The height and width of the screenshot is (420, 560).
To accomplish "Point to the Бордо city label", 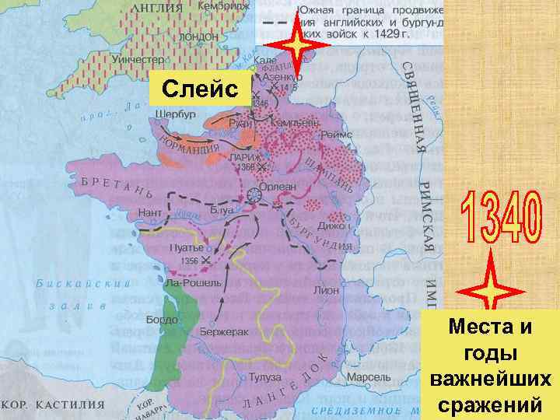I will (162, 320).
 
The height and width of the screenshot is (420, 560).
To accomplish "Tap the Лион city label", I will (326, 289).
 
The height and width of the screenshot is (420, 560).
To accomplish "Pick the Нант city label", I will (149, 212).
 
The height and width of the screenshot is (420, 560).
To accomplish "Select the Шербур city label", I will (174, 113).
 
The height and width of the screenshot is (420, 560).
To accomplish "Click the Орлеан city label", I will (283, 186).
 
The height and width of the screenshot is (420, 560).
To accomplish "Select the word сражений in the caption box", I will (490, 405).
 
